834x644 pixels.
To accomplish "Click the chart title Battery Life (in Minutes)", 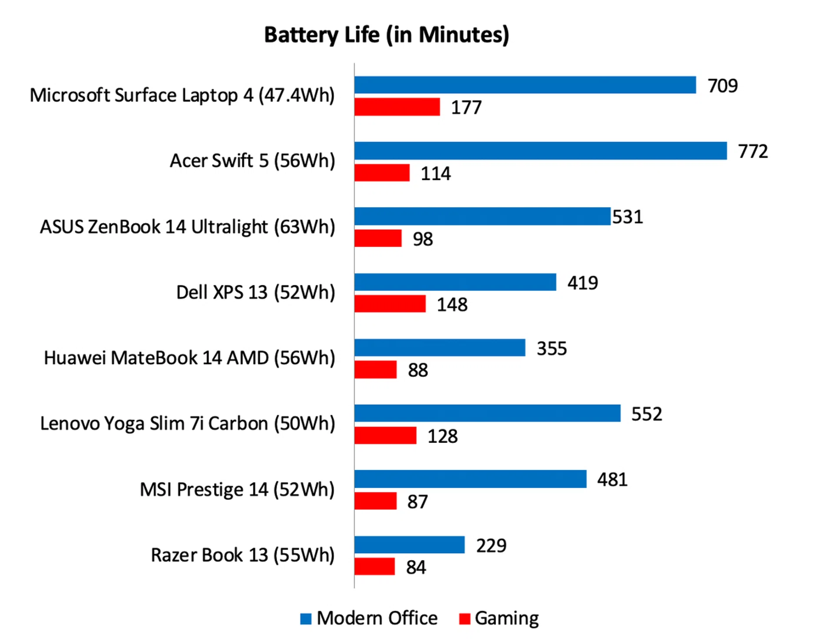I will click(387, 35).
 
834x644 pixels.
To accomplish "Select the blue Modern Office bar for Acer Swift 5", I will click(540, 151).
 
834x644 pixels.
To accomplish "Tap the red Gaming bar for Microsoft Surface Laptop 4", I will click(397, 107).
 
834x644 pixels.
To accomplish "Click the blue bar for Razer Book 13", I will click(409, 545).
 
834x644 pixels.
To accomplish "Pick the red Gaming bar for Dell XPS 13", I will click(390, 304).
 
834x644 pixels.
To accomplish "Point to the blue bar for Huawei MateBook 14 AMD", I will click(440, 347).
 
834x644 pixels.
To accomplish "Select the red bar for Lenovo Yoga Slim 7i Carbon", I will click(385, 435).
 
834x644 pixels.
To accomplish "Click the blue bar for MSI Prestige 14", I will click(470, 479).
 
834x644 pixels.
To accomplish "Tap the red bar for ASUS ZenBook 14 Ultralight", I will click(378, 238).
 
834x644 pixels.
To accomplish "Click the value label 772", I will click(753, 151).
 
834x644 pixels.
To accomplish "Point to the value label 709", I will click(722, 86).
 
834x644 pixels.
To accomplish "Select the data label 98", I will click(423, 239).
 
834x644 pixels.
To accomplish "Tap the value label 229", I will click(491, 545).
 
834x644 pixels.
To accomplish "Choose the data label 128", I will click(442, 436).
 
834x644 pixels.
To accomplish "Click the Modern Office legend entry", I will click(377, 618).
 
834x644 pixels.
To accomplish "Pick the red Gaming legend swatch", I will click(464, 619).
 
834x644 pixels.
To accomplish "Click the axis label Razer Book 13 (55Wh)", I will click(242, 555).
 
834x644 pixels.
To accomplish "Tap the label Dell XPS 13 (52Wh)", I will click(255, 292).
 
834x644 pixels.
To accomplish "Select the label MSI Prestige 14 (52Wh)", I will click(237, 489).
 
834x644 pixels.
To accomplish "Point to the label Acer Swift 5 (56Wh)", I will click(252, 161).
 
